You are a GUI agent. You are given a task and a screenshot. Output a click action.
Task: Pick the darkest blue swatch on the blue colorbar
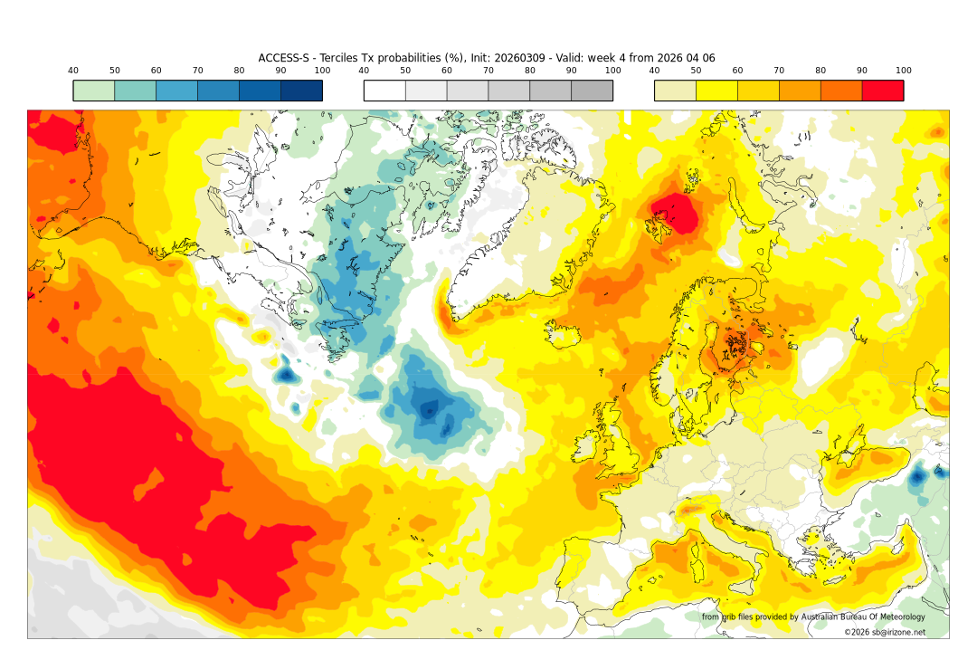301,91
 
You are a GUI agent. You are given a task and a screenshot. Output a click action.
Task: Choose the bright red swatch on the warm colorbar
882,91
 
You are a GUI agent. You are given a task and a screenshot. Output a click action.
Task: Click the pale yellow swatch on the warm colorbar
675,91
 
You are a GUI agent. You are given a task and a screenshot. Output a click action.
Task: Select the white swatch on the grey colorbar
384,91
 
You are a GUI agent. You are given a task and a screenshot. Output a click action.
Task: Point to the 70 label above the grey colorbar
488,71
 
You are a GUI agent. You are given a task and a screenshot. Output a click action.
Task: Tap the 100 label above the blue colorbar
322,71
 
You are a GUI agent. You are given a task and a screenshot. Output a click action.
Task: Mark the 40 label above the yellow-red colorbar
654,71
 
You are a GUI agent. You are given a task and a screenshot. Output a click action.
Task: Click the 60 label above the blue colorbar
156,71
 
